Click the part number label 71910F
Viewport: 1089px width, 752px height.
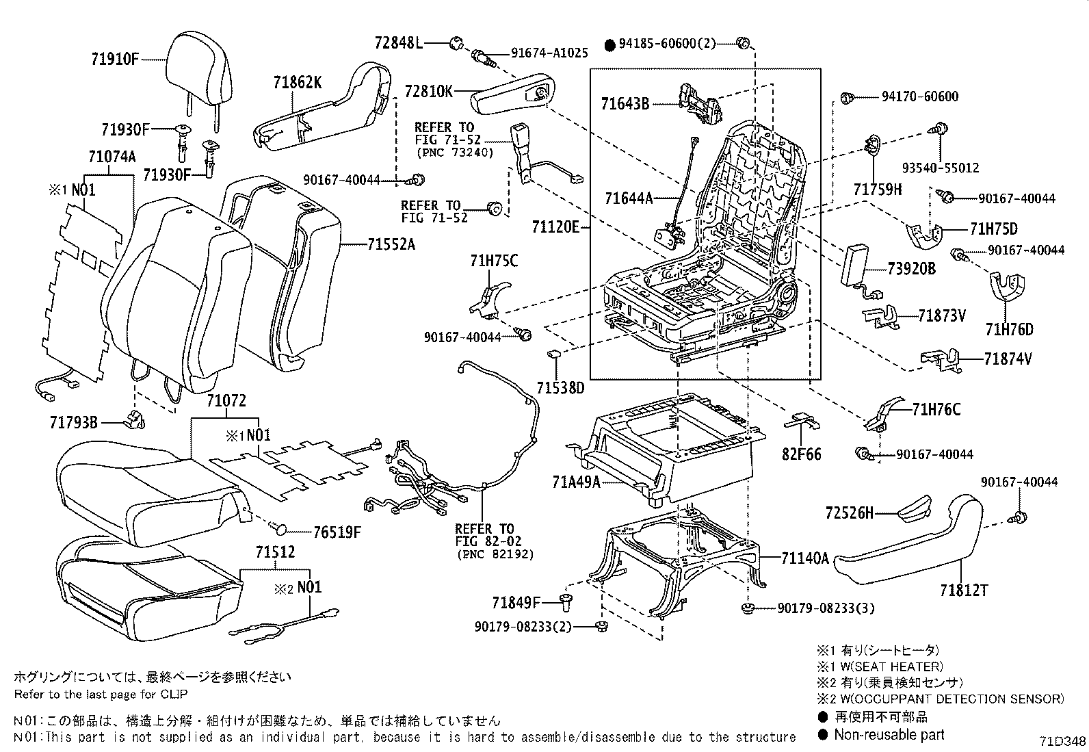point(114,59)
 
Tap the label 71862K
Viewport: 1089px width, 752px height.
point(298,83)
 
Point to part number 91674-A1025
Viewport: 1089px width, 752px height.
point(549,52)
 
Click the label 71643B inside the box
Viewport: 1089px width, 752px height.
point(625,104)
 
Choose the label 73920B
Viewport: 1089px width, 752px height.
point(912,269)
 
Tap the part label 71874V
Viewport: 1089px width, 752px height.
point(1008,359)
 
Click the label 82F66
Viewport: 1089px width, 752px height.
point(802,454)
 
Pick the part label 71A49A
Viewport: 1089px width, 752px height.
point(576,482)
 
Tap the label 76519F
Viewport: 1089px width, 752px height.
point(337,532)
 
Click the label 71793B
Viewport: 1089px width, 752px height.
point(74,423)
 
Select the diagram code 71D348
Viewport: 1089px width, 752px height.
point(1063,742)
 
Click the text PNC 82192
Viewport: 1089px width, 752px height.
point(495,554)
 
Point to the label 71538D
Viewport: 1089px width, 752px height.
point(560,389)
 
